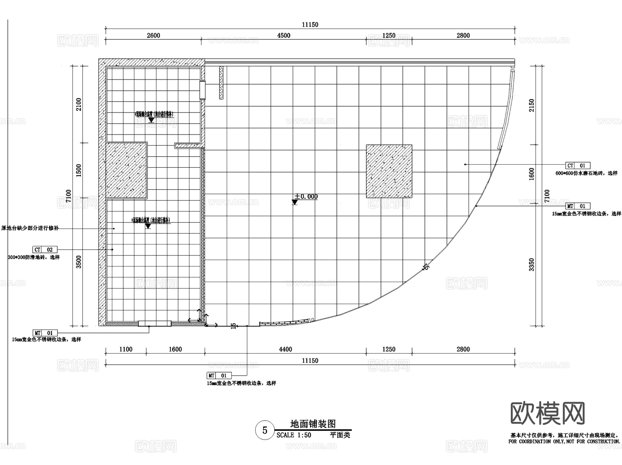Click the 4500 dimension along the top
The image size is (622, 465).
tap(283, 36)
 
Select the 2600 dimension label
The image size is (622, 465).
tap(153, 36)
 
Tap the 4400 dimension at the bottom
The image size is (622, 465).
tap(285, 349)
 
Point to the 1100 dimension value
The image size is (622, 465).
tap(126, 349)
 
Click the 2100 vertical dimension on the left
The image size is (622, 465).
tap(79, 104)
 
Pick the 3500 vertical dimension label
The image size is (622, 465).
tap(79, 262)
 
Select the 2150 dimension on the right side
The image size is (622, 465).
tap(531, 105)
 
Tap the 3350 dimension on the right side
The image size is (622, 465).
tap(531, 264)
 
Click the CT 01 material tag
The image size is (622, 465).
tap(578, 166)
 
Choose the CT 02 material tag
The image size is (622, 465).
tap(45, 250)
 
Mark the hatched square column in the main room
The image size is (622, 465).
tap(389, 171)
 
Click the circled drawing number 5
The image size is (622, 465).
tap(265, 430)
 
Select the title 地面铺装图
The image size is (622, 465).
tap(313, 424)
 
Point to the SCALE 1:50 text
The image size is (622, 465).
tap(294, 435)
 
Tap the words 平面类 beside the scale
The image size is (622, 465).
tap(340, 435)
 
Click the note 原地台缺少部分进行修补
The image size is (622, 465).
tap(30, 228)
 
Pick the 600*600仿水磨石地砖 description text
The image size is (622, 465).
tap(586, 173)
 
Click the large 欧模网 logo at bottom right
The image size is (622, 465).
tap(548, 413)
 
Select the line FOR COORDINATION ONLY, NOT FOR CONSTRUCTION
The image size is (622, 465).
tap(564, 442)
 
